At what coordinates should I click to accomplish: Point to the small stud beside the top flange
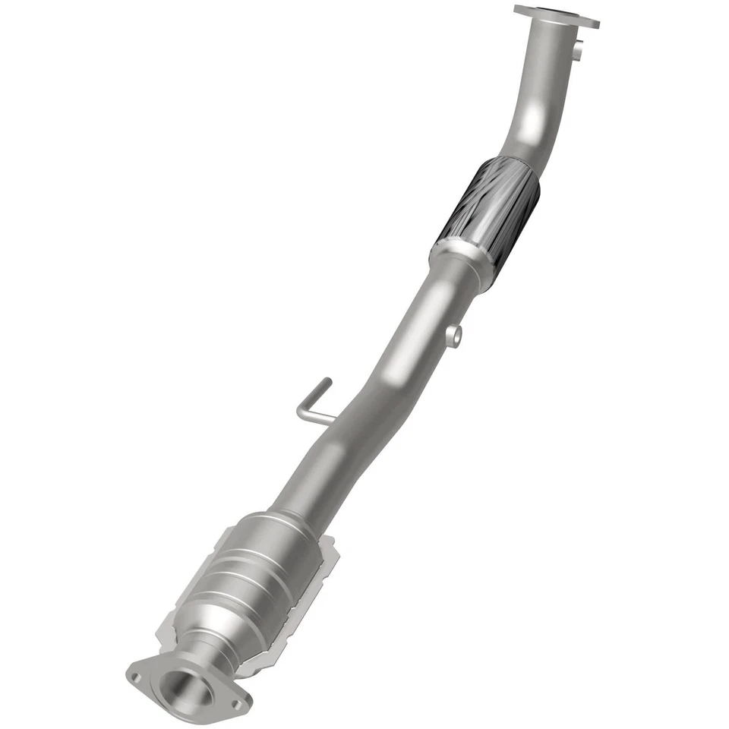pos(578,52)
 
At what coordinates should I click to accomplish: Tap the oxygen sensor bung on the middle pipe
pos(453,335)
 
